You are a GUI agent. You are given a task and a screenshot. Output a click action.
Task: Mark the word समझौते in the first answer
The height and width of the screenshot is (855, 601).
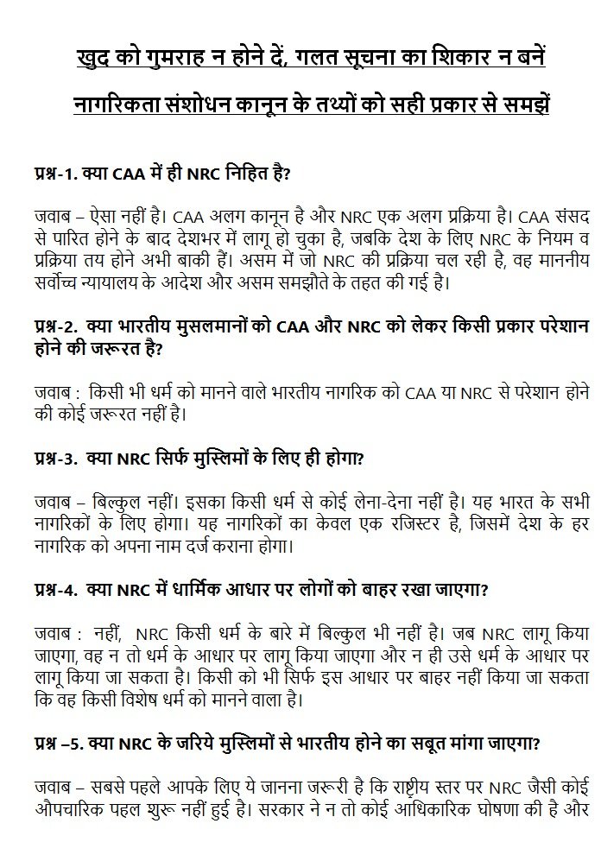point(339,281)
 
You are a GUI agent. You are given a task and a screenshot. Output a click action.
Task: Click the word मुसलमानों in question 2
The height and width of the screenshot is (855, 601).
point(213,327)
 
